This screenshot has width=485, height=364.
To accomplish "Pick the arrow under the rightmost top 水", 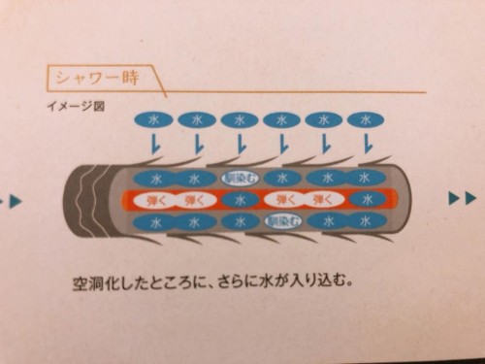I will (x=367, y=146).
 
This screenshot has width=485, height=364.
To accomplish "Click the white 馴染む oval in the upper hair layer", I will (x=238, y=178).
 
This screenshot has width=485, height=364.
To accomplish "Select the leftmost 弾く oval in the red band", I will (x=153, y=200).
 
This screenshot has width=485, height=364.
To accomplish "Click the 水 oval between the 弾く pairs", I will (x=238, y=200).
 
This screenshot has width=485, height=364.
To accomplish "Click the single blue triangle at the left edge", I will (x=14, y=201).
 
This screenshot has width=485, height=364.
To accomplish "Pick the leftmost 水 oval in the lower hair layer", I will (x=153, y=221).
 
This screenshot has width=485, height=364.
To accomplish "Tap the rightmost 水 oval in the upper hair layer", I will (x=365, y=179).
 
